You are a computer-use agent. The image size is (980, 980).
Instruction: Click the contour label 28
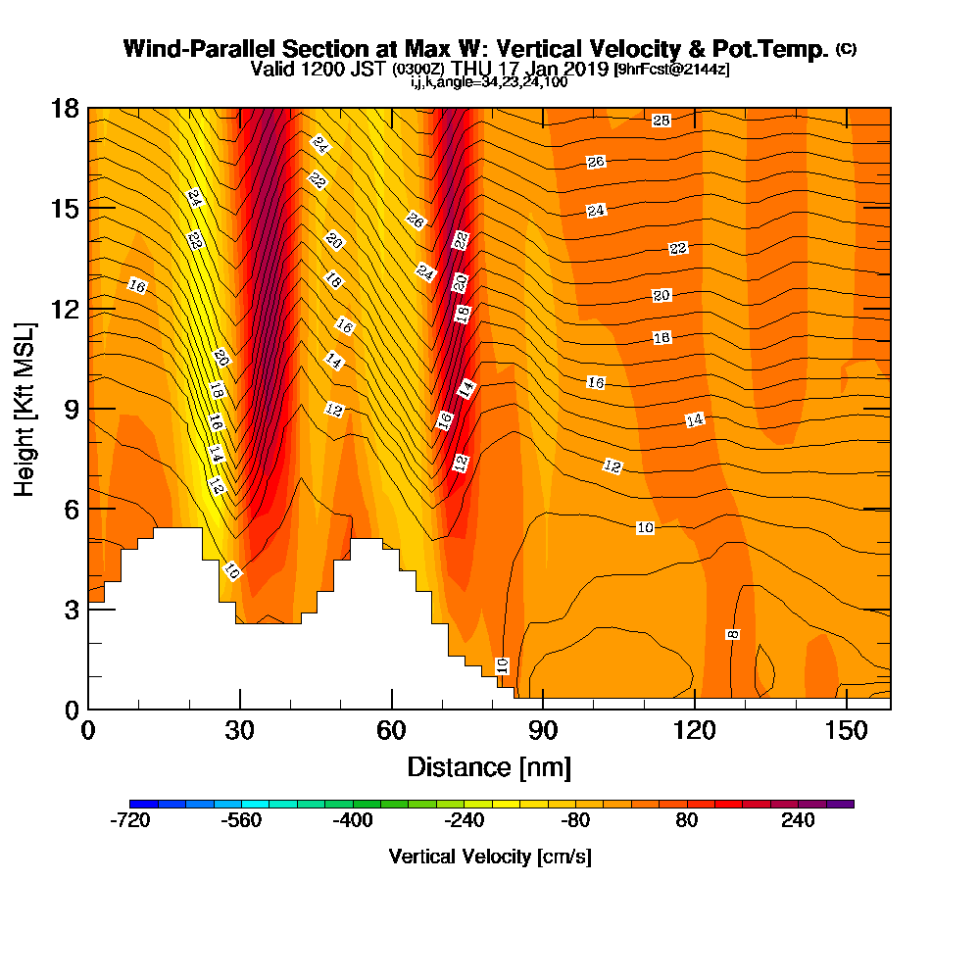coord(661,120)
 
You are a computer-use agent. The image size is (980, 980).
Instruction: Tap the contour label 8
coord(732,634)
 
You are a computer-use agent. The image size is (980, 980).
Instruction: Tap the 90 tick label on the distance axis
coord(543,730)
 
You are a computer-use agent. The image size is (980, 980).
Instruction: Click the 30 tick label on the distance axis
coord(240,730)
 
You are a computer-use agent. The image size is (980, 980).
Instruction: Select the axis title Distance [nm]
coord(489,767)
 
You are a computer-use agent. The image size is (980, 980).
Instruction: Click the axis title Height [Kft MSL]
coord(24,410)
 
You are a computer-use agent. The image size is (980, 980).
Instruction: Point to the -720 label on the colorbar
coord(130,820)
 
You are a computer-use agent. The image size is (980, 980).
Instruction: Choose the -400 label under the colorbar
coord(353,820)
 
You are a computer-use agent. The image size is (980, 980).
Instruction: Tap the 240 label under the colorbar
coord(798,820)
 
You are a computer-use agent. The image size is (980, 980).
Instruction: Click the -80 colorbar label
coord(575,820)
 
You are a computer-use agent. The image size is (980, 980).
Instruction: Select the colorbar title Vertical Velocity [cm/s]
coord(490,857)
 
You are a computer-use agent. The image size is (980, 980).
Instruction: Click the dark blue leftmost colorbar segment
coord(144,804)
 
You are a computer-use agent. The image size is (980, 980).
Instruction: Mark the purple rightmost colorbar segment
coord(840,804)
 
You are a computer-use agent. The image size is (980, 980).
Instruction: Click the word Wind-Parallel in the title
coord(199,49)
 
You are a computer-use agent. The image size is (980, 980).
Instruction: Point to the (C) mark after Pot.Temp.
coord(847,49)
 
